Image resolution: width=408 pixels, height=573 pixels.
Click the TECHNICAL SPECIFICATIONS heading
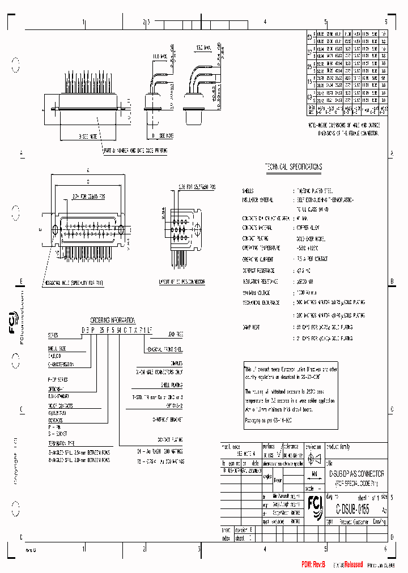point(294,167)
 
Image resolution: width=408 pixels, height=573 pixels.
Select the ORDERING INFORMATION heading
point(113,319)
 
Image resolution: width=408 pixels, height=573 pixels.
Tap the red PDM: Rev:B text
point(313,564)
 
